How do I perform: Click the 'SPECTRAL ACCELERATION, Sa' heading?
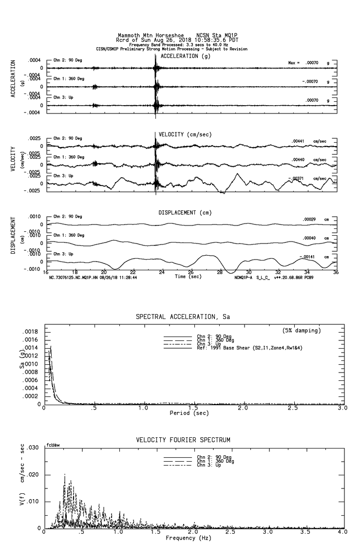click(x=183, y=317)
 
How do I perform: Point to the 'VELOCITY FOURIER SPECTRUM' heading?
click(x=183, y=440)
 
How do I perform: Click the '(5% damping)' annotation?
click(x=302, y=331)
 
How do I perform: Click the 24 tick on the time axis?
click(x=161, y=273)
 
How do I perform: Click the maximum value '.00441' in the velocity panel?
click(x=298, y=141)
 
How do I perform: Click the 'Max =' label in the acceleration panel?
click(x=295, y=63)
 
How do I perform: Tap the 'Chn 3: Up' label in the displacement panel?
click(x=63, y=254)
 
